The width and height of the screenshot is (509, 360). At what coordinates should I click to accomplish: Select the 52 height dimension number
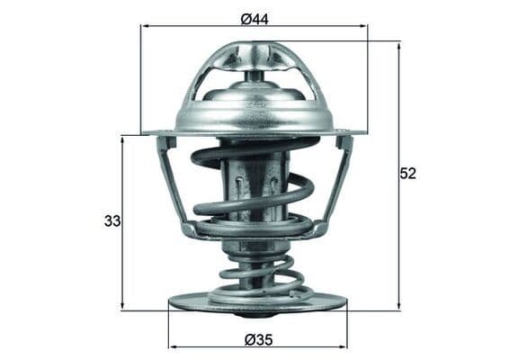click(x=408, y=174)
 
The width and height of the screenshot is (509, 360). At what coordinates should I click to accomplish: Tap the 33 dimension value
click(x=112, y=220)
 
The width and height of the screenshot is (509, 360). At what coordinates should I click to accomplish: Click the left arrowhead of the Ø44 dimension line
click(x=145, y=26)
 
